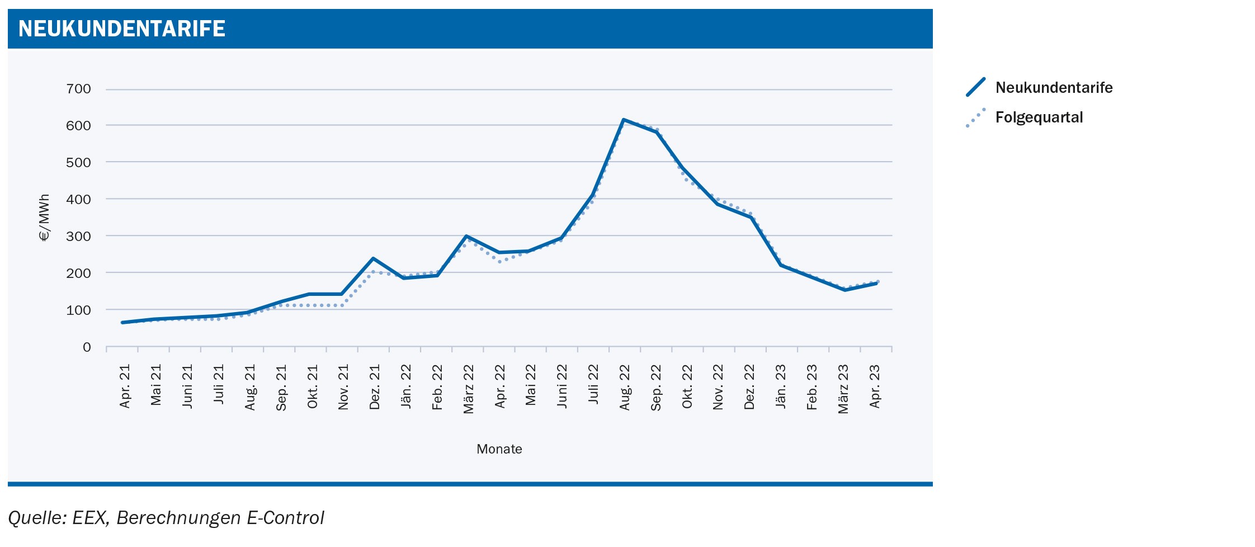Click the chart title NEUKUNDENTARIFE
coord(122,29)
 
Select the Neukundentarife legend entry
coord(1053,88)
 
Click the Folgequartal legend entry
coord(1039,117)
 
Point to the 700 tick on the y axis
coord(78,89)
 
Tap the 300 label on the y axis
coord(78,236)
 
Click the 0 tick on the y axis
coord(87,347)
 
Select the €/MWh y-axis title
coord(44,218)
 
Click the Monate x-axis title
coord(499,449)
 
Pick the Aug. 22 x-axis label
coord(625,387)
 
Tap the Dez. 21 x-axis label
coord(375,387)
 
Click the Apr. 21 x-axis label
coord(125,387)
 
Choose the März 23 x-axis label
coord(843,389)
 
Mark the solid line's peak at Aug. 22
coord(624,120)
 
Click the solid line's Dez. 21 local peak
coord(373,258)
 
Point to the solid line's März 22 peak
coord(466,236)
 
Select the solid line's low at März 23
coord(844,290)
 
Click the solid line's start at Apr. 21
coord(122,322)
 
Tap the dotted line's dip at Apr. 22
coord(499,262)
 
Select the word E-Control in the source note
coord(285,518)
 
